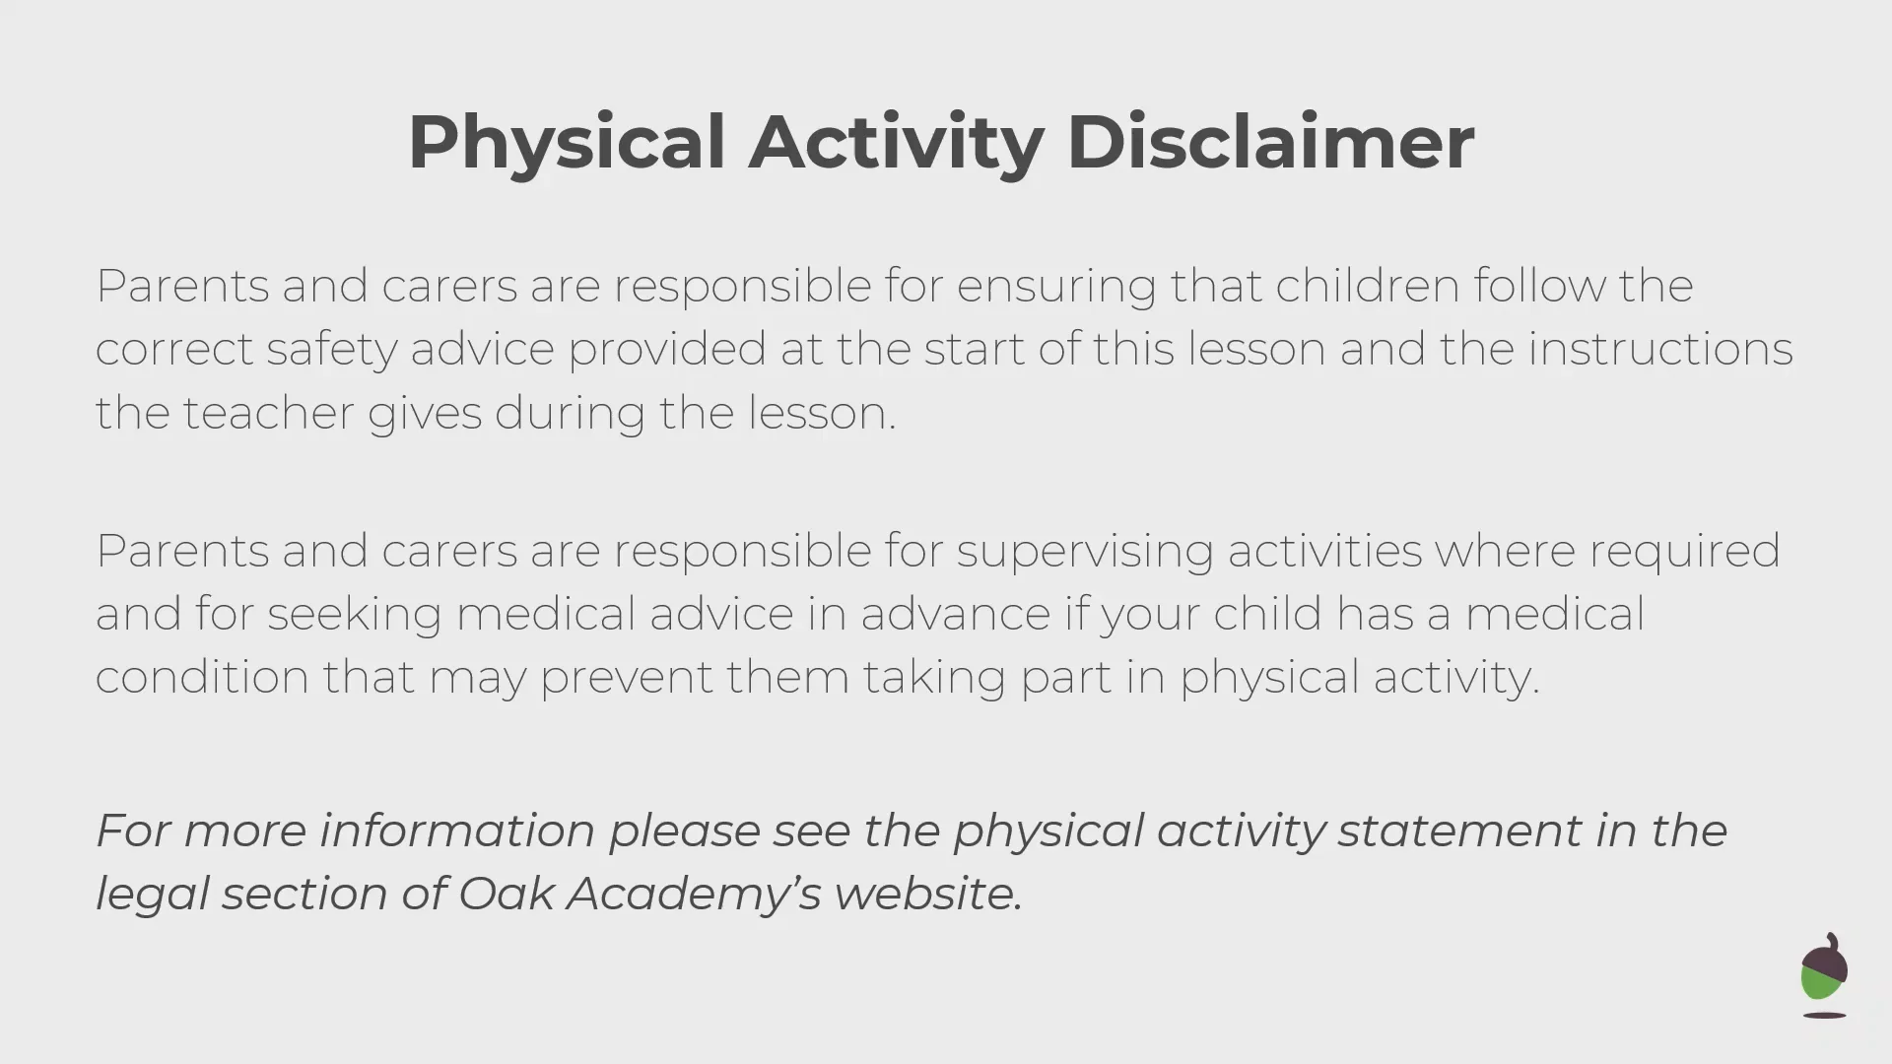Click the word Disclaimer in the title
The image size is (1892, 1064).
[1270, 142]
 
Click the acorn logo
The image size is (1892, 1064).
[1824, 975]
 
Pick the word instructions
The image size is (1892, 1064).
[1660, 349]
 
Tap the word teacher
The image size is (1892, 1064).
[268, 413]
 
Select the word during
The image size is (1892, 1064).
[570, 414]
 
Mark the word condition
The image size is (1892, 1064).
[202, 677]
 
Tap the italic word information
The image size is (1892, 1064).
[457, 831]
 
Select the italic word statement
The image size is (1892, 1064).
[1460, 831]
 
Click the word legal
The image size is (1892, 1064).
[153, 895]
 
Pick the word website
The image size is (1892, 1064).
[928, 894]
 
